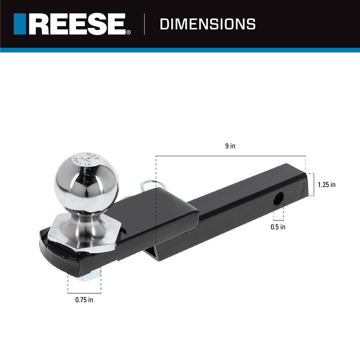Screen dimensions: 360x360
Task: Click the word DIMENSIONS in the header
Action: click(x=207, y=24)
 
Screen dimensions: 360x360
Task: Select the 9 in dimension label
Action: click(x=230, y=146)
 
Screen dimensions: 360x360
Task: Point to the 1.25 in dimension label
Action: click(x=326, y=184)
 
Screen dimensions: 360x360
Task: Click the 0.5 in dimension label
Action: click(x=278, y=227)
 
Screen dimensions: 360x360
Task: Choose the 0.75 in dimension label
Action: click(x=84, y=299)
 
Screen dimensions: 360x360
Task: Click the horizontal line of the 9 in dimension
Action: click(x=230, y=156)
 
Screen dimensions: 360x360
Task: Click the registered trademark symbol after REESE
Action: click(x=129, y=32)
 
